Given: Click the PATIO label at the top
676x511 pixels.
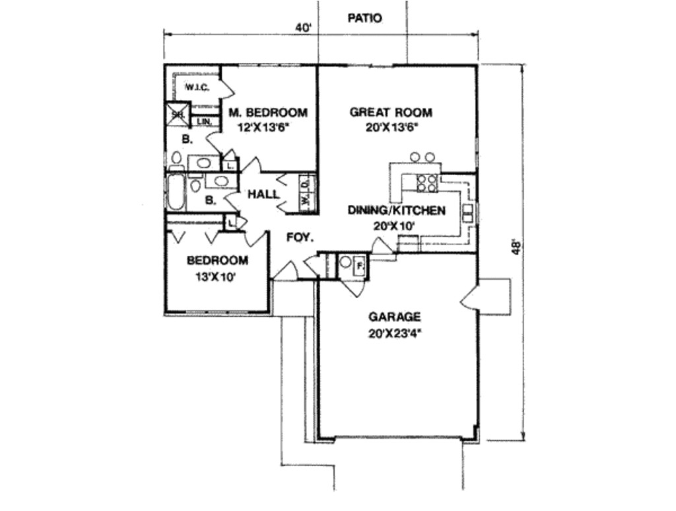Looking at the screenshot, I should click(x=364, y=19).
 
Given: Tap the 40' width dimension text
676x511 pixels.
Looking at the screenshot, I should click(x=303, y=28).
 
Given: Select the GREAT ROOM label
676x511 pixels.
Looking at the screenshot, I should click(x=391, y=112).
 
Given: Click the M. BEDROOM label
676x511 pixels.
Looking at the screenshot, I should click(x=268, y=112).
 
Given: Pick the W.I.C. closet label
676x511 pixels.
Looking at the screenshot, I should click(x=197, y=87).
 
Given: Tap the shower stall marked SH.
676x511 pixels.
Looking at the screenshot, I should click(x=178, y=114).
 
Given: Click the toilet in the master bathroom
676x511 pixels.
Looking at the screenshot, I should click(x=176, y=158).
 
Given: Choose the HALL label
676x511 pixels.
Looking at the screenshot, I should click(x=262, y=194).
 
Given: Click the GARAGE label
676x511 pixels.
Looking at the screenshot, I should click(x=395, y=317).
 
